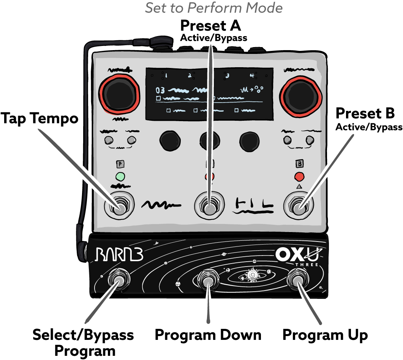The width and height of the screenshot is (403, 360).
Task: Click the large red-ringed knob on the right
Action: coord(300,97)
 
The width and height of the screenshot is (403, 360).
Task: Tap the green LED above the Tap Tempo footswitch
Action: coord(120,176)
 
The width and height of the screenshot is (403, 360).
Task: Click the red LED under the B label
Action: coord(299,177)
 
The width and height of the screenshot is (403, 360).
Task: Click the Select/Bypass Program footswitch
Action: coord(118,281)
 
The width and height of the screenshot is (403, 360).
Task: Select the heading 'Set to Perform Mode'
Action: coord(214,8)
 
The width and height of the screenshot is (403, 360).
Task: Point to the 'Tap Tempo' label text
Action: coord(39,118)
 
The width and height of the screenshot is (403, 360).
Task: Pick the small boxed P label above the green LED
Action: coord(120,164)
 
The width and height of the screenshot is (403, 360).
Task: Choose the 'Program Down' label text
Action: coord(208,335)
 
